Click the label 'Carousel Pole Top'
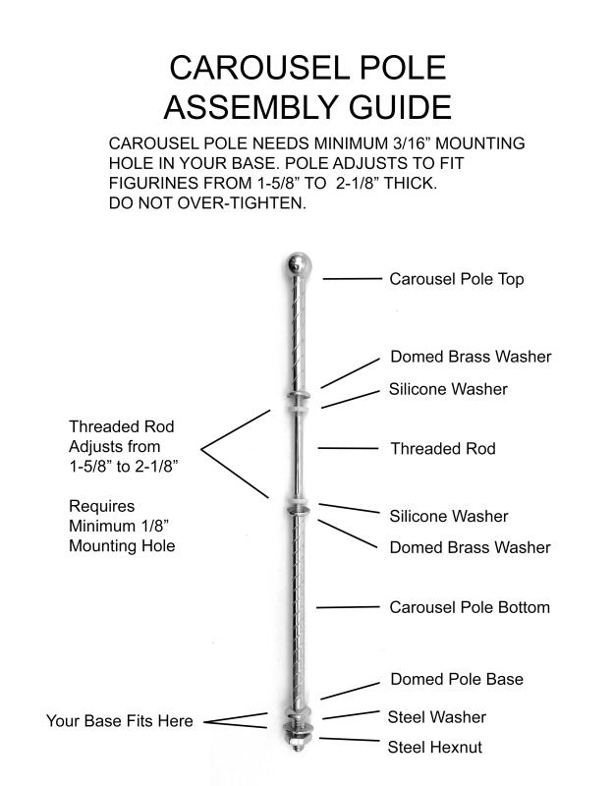[x=456, y=279]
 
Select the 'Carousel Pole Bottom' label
[x=469, y=607]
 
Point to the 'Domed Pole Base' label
[x=456, y=679]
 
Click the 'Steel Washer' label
[x=436, y=717]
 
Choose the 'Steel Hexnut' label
[x=434, y=748]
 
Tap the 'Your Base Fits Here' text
[x=119, y=721]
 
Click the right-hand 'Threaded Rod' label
[x=442, y=449]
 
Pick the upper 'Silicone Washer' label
[x=448, y=389]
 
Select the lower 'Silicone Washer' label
[x=448, y=516]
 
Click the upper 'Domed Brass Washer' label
[x=471, y=357]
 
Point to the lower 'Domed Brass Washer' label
[x=470, y=547]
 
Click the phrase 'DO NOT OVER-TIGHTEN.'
[x=207, y=203]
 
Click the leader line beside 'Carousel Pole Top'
[x=352, y=279]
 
